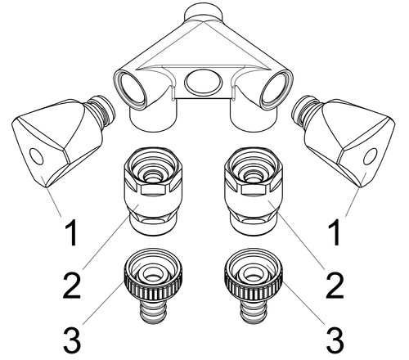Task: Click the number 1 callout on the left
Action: click(72, 232)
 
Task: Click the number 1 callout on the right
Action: click(335, 232)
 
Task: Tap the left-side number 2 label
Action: click(72, 286)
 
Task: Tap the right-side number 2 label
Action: click(335, 286)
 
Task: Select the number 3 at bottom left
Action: click(72, 340)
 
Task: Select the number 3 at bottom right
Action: click(335, 340)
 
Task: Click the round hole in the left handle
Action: click(37, 156)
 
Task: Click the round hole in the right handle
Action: click(371, 156)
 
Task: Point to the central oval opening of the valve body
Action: click(203, 81)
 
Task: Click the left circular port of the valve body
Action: click(133, 88)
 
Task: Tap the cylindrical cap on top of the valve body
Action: click(203, 12)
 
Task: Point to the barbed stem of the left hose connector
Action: click(153, 312)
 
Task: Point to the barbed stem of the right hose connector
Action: click(254, 312)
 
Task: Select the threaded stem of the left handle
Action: click(101, 110)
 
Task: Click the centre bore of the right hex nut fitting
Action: click(254, 176)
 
